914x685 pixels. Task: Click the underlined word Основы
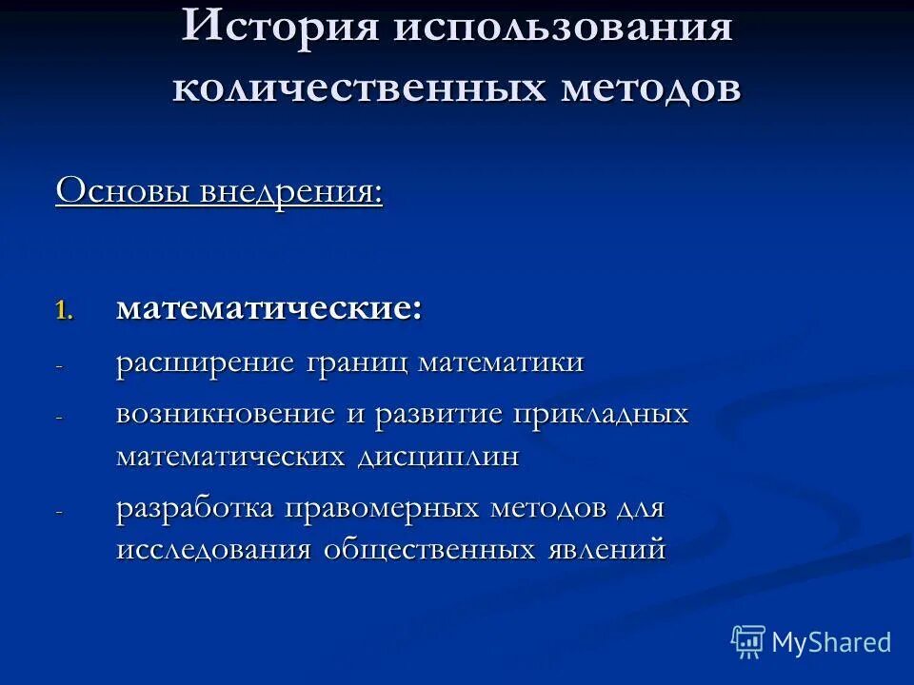coord(123,190)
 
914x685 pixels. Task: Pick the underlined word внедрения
coord(291,190)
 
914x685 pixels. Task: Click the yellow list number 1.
coord(63,311)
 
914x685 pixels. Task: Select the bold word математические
coord(269,309)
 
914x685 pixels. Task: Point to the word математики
coord(501,364)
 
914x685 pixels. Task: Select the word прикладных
coord(600,415)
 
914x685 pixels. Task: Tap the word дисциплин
coord(439,457)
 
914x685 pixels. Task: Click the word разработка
coord(195,508)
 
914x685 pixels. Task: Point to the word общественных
coord(430,551)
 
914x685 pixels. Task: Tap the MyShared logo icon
coord(748,642)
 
